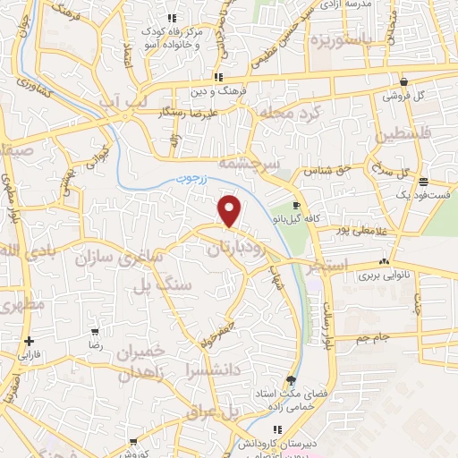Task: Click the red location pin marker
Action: [x=231, y=210]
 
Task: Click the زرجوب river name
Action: [x=189, y=179]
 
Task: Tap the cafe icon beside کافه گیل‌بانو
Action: [x=296, y=205]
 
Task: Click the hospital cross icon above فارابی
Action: [x=30, y=340]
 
